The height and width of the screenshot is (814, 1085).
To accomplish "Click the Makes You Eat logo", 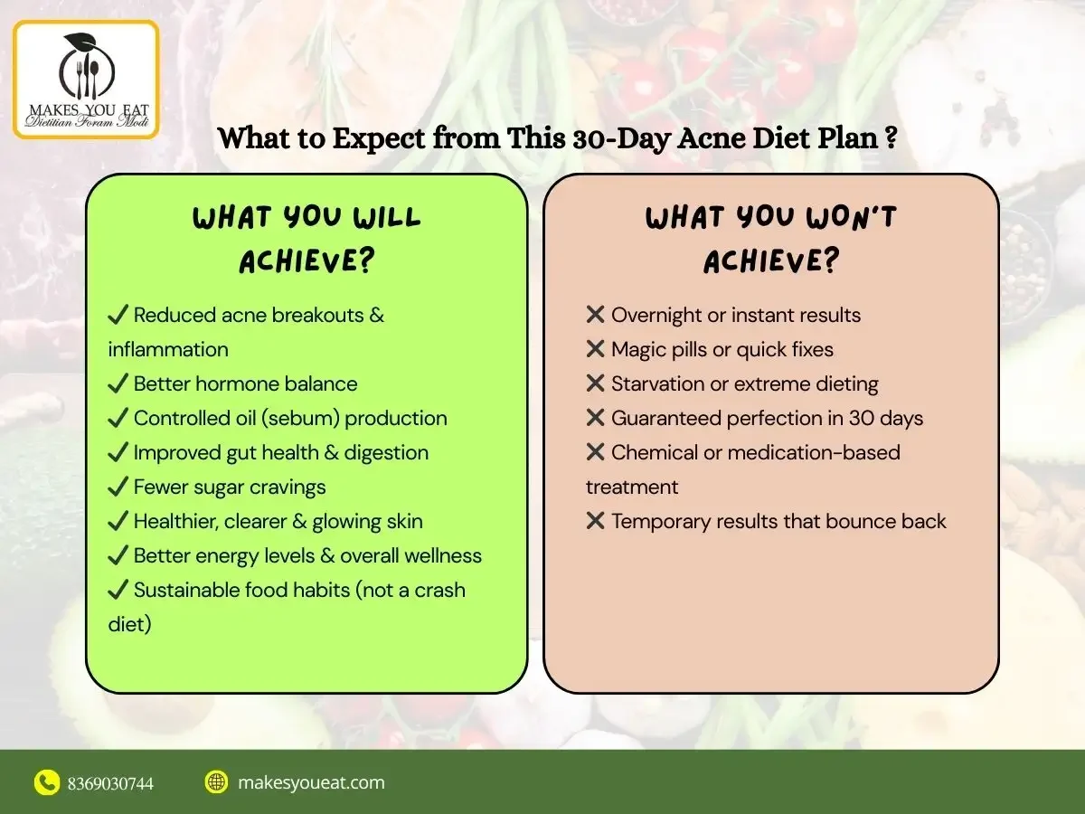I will coord(85,80).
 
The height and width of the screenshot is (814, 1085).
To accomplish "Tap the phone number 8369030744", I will coord(110,783).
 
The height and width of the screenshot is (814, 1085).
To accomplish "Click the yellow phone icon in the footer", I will coord(47,782).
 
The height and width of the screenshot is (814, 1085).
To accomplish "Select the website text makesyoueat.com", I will coord(311,782).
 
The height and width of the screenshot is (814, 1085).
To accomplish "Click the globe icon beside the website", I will coord(216,782).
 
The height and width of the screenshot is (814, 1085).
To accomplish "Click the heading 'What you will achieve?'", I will coord(307,239).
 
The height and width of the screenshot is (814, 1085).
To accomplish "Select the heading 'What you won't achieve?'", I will coord(771,239).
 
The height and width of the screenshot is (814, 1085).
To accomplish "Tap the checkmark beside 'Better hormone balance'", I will coord(118,383).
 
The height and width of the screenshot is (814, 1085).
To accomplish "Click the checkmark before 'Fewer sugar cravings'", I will coord(118,487).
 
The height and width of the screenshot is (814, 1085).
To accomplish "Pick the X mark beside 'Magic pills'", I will coord(595,349).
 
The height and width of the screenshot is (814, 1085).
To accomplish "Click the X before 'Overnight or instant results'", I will coord(595,315).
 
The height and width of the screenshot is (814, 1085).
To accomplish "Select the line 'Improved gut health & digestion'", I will coord(280,452).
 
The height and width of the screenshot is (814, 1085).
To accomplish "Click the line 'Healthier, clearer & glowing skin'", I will coord(278,521).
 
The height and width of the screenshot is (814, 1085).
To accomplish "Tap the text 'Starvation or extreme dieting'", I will coord(744,383).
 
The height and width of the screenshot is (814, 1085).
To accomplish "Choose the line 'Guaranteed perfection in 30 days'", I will coord(767,418).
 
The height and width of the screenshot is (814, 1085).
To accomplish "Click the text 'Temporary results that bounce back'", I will coord(778,521).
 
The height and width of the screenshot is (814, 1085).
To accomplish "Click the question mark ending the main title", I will coord(891,140).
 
